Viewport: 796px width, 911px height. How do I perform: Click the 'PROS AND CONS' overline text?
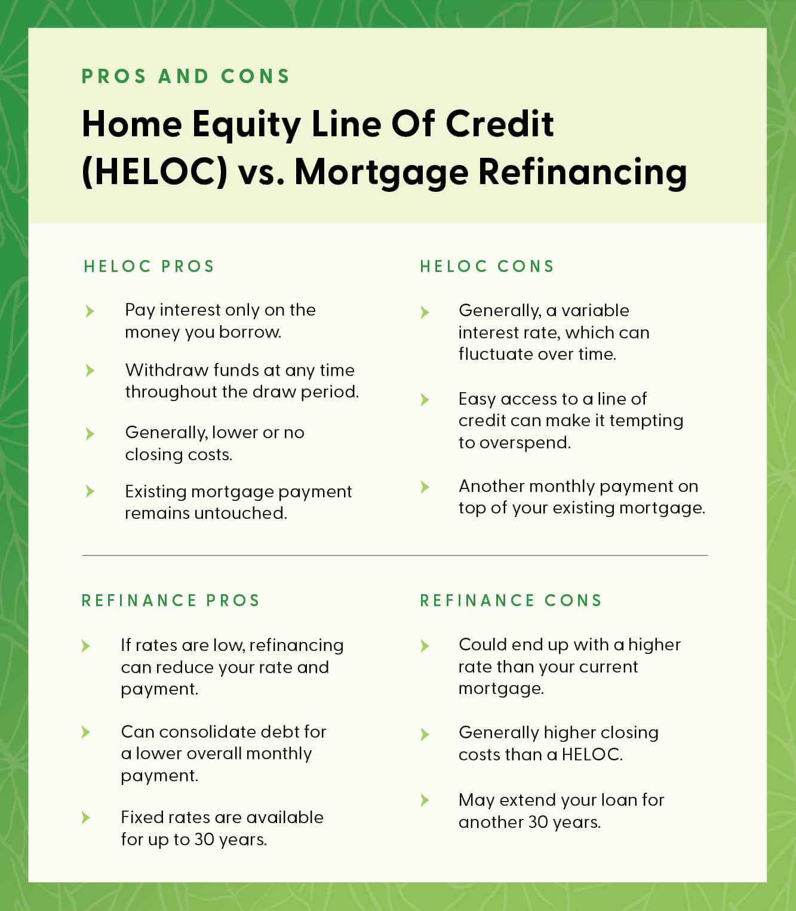tap(186, 77)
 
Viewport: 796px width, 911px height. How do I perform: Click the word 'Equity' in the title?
tap(246, 125)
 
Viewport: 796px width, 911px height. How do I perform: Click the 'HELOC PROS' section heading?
tap(149, 267)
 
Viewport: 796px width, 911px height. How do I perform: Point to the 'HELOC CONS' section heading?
tap(487, 267)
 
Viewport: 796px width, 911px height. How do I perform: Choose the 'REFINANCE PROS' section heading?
tap(171, 600)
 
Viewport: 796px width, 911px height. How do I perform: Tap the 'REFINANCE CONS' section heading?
tap(511, 600)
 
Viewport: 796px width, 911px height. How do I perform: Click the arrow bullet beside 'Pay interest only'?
tap(90, 311)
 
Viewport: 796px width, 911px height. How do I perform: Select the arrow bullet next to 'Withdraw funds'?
tap(90, 371)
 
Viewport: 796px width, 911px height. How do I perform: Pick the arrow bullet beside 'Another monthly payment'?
tap(425, 487)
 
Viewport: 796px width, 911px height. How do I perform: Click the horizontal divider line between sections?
tap(395, 555)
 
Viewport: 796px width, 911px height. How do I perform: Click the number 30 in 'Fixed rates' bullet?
tap(204, 839)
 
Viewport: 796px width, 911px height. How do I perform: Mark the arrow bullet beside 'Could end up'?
tap(425, 646)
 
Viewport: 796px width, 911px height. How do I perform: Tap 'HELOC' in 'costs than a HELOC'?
tap(591, 754)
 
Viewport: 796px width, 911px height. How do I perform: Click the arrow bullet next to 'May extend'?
tap(425, 800)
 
